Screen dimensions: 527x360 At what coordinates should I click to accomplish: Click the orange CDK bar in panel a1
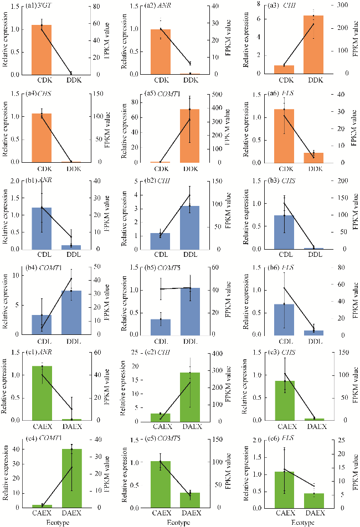[x=38, y=50]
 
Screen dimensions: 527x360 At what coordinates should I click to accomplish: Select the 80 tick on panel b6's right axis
[x=330, y=267]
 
